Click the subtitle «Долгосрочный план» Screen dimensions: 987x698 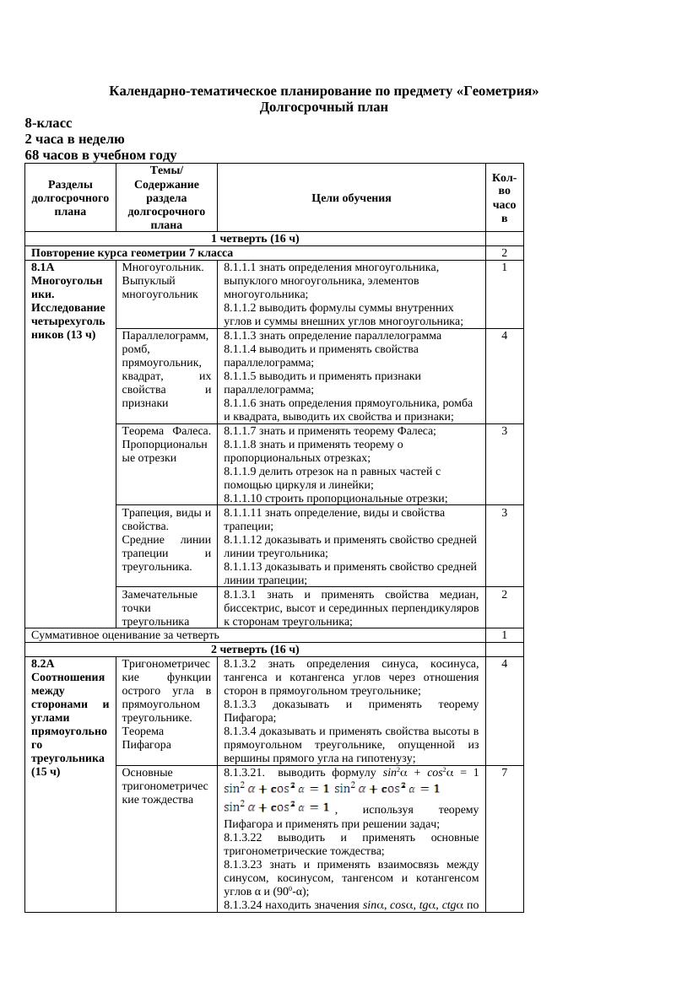(x=324, y=107)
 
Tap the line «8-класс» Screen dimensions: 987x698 (x=48, y=123)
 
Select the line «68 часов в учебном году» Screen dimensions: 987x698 (x=100, y=155)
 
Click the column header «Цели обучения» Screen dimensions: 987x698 (x=351, y=197)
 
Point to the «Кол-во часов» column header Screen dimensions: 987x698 (x=504, y=197)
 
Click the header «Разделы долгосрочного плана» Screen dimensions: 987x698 (x=70, y=197)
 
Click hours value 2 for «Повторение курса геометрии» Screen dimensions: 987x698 (x=504, y=252)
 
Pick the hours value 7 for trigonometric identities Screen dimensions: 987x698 (x=504, y=773)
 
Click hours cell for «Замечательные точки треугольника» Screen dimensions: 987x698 (x=504, y=595)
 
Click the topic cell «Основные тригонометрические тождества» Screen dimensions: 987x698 (x=165, y=786)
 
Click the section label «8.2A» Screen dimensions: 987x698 (x=44, y=664)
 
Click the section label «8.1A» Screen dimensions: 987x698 (x=43, y=267)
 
